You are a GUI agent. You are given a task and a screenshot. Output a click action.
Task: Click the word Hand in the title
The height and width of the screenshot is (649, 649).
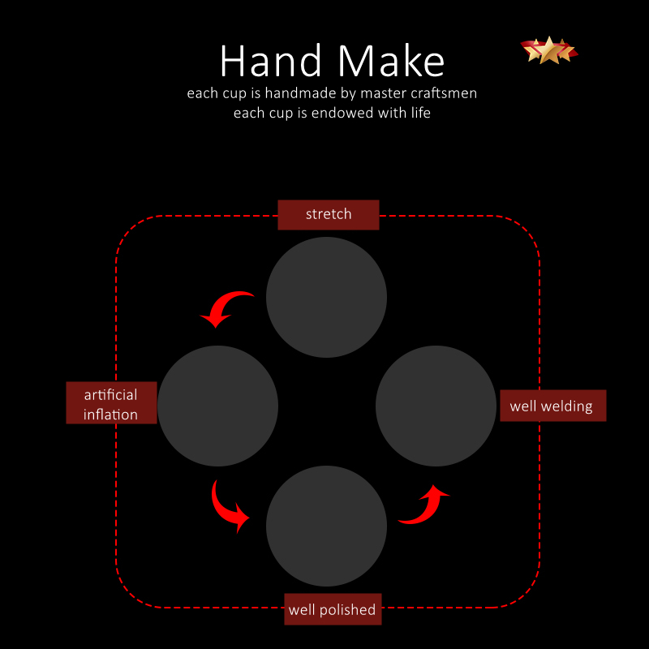271,61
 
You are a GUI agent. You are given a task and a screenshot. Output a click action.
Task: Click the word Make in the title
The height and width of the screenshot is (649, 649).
391,61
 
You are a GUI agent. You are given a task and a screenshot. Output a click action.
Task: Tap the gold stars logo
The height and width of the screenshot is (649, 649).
549,50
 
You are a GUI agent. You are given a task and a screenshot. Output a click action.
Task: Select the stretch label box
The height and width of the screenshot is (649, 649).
329,215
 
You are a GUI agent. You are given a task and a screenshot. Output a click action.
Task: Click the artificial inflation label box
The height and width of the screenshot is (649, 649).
111,402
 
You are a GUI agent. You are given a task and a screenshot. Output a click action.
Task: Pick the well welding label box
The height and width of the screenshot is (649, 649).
553,406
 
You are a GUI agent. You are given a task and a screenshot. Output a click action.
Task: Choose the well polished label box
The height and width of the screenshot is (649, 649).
333,609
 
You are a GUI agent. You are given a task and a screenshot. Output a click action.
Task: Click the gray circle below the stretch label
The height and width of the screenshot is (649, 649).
327,297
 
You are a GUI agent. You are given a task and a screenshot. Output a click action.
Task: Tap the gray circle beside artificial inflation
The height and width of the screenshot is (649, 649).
217,406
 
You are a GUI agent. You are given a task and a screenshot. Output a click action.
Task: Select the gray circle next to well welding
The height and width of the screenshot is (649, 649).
436,406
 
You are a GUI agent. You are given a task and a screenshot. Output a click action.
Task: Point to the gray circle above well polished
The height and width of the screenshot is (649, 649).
327,526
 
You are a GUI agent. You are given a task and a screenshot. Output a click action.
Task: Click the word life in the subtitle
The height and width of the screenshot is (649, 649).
420,113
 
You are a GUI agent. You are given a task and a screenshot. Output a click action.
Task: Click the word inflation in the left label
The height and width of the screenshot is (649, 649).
110,415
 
